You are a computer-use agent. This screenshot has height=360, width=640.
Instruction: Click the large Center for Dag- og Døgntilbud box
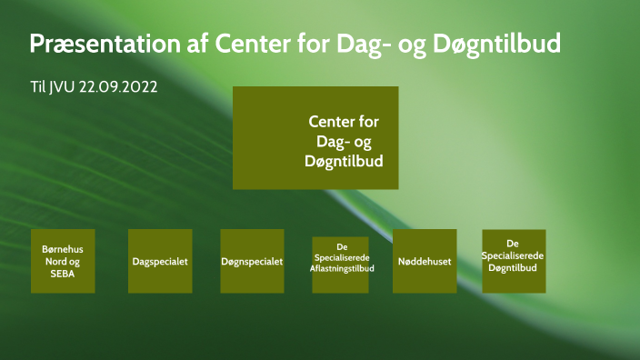tap(315, 137)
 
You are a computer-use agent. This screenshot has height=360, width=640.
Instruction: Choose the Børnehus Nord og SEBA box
tap(63, 261)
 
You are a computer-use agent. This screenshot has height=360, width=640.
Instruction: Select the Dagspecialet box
tap(160, 261)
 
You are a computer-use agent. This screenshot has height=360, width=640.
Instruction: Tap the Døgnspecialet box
tap(252, 261)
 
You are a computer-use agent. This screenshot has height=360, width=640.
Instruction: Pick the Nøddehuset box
tap(425, 261)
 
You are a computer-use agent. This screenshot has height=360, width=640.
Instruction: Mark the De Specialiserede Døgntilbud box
tap(514, 261)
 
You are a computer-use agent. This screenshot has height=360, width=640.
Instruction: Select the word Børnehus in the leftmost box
tap(63, 247)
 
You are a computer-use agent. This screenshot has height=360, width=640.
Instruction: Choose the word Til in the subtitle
tap(38, 87)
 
